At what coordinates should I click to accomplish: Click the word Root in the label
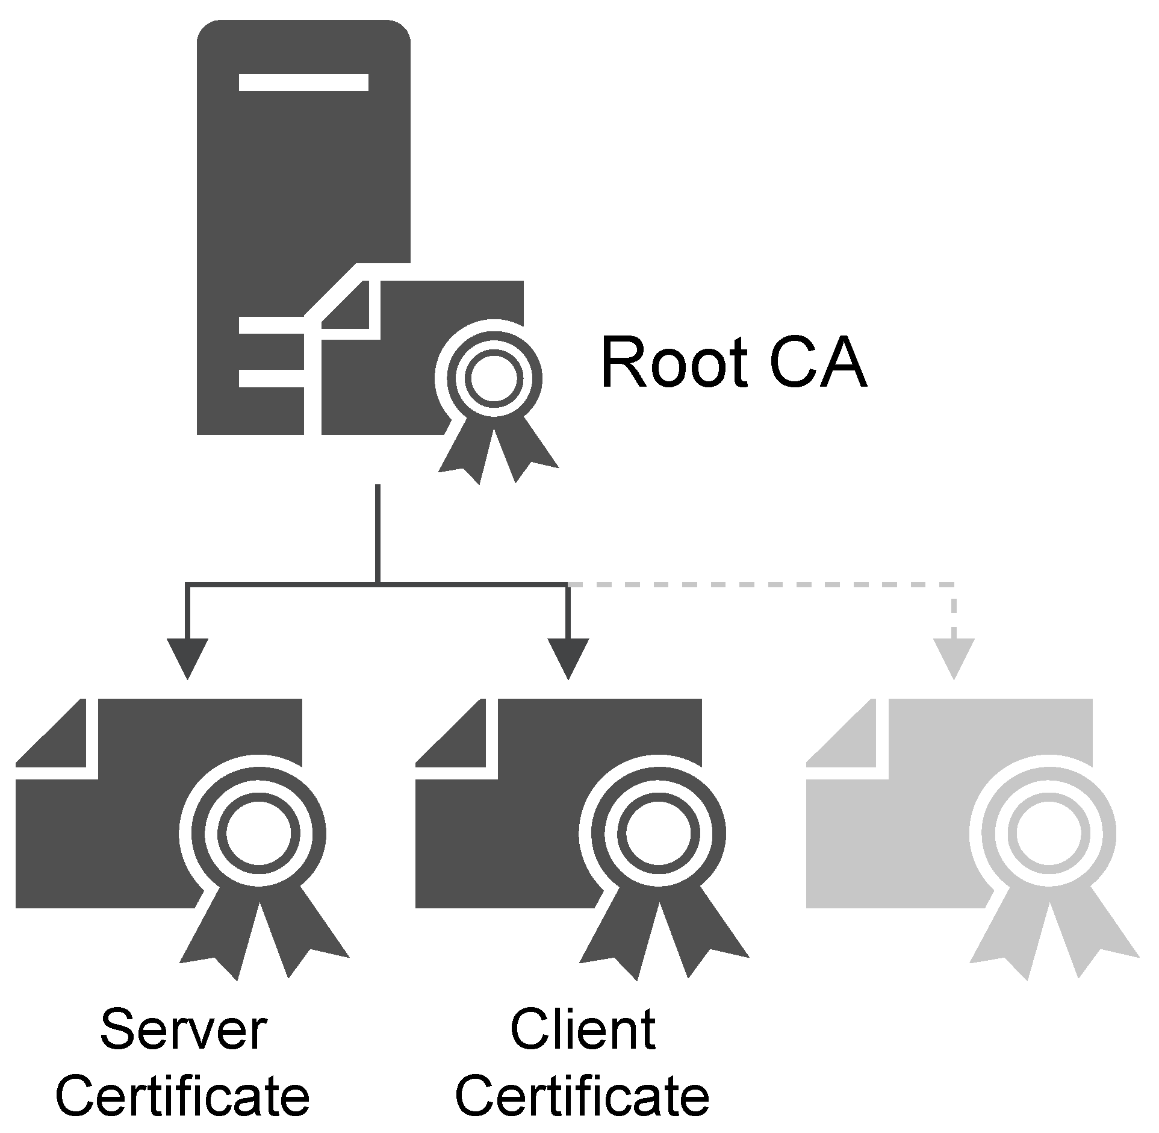pyautogui.click(x=674, y=364)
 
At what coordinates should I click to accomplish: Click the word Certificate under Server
pyautogui.click(x=183, y=1094)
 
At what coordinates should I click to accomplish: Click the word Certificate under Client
pyautogui.click(x=582, y=1094)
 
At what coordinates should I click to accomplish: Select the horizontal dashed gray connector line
pyautogui.click(x=759, y=584)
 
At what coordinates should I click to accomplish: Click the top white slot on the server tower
pyautogui.click(x=303, y=82)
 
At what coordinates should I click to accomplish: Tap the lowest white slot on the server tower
pyautogui.click(x=271, y=378)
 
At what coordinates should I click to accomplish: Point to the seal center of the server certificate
pyautogui.click(x=258, y=834)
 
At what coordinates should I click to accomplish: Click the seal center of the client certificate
pyautogui.click(x=658, y=834)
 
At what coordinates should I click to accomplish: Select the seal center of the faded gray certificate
pyautogui.click(x=1048, y=834)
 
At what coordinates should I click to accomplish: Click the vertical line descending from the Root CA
pyautogui.click(x=378, y=533)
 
